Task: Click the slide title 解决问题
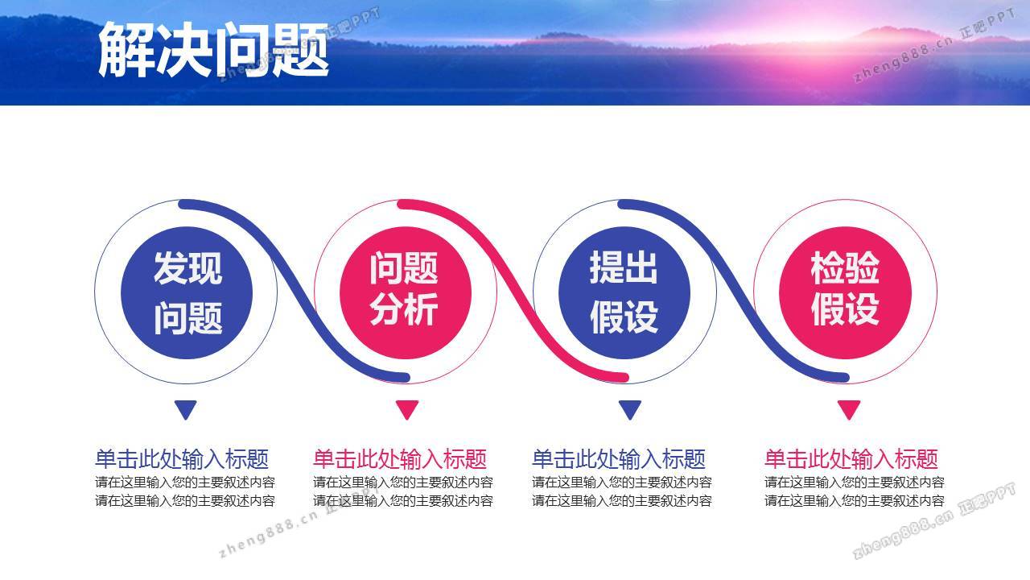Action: coord(213,50)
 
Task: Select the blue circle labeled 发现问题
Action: coord(186,292)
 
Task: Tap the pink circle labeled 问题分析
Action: coord(405,292)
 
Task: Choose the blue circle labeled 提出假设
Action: coord(624,292)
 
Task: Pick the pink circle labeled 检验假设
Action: coord(845,292)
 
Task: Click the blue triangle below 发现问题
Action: coord(186,409)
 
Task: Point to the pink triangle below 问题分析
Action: coord(407,409)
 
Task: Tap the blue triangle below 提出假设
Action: coord(630,409)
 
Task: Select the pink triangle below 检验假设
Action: coord(849,409)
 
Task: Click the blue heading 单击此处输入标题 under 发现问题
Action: coord(182,459)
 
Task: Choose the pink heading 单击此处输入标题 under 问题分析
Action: coord(400,459)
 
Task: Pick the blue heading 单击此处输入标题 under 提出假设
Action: coord(619,459)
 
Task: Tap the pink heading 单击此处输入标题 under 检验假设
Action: coord(851,459)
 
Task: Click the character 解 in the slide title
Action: coord(126,50)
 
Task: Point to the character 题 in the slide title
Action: coord(301,50)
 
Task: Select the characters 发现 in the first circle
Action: coord(187,268)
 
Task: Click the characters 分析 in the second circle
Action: coord(404,310)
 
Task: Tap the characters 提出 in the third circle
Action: coord(624,267)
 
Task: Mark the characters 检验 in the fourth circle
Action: coord(845,267)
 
